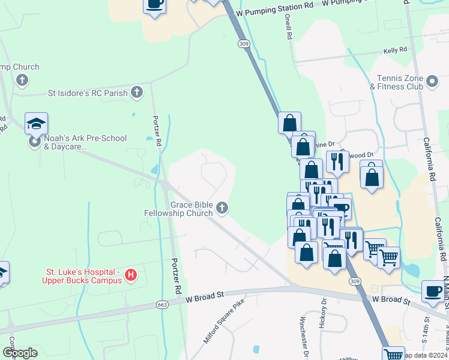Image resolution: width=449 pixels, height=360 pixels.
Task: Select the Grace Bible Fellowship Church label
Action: point(178,209)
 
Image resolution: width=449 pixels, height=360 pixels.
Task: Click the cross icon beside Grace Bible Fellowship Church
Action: point(222,208)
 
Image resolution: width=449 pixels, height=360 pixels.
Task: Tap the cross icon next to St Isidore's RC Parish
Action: point(137,92)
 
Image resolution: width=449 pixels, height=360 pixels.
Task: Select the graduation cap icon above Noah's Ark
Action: point(36,124)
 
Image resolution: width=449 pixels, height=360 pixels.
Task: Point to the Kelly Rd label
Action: point(395,52)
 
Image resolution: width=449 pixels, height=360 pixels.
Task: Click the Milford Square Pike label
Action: point(224,321)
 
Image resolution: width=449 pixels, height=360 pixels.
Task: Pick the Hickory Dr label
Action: point(324,311)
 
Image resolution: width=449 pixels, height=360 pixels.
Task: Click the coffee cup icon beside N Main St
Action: point(432,291)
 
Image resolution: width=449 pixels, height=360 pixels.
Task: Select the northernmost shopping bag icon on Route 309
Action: point(289,123)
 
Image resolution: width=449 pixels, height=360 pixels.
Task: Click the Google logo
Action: point(20,353)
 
